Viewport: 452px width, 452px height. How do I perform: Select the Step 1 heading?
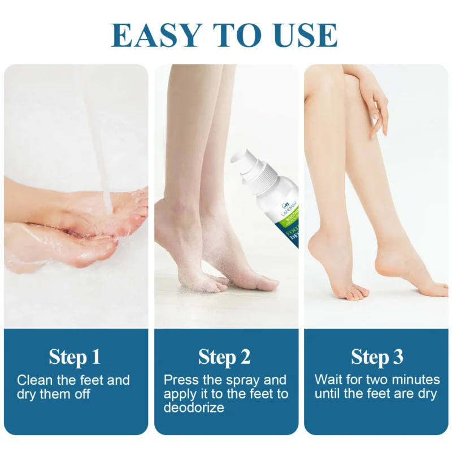pos(75,357)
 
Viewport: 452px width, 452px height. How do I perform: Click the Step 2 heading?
pos(224,357)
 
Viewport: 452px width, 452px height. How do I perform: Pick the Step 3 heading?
pos(377,357)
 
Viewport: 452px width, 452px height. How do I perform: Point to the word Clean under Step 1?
pos(36,380)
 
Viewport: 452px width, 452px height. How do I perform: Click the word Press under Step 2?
pos(181,380)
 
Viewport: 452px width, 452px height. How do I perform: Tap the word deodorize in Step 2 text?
pos(194,407)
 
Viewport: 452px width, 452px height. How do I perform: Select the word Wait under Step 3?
pos(328,380)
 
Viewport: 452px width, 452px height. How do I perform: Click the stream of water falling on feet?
pos(102,141)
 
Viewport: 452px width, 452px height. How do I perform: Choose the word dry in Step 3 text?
pos(427,394)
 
